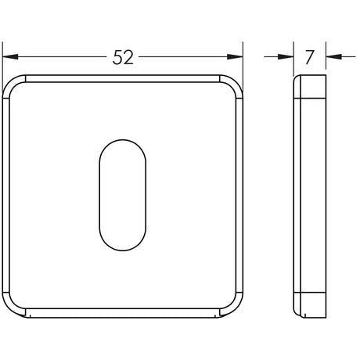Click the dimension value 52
(123, 56)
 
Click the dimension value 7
(309, 56)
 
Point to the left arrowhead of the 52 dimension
(10, 56)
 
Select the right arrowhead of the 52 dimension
(236, 56)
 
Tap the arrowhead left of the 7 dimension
(286, 56)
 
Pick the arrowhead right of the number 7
(332, 56)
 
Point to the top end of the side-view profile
(308, 79)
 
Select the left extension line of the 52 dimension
(2, 59)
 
